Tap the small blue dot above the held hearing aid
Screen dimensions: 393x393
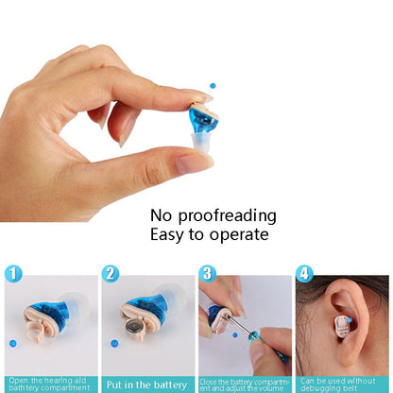212,85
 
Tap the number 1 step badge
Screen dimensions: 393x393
13,275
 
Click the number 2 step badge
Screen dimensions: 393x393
111,275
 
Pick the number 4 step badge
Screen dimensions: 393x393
304,275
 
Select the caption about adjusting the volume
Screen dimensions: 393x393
245,384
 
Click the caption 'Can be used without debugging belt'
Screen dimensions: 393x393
342,384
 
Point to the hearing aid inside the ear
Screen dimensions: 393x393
341,328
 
